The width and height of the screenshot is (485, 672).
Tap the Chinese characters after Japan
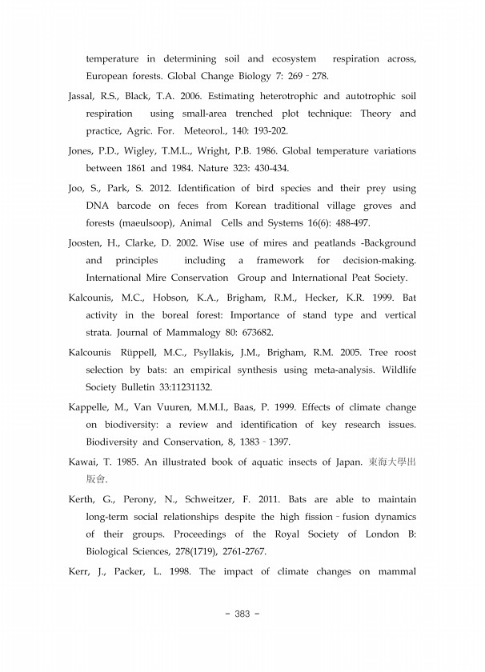coord(392,462)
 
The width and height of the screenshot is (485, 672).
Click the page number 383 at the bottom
coord(242,614)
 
